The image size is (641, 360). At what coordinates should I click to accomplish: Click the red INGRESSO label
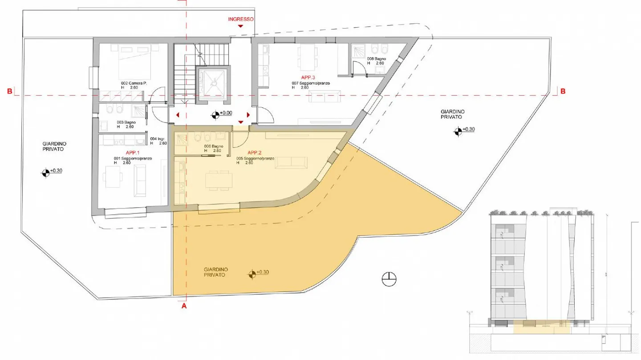241,19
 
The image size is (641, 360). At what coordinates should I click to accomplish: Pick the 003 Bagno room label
126,122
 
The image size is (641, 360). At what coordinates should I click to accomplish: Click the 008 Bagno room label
376,59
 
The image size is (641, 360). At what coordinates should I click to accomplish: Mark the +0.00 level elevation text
226,113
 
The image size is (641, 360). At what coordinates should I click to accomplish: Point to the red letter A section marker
184,307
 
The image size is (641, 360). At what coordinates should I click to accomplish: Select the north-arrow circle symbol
389,278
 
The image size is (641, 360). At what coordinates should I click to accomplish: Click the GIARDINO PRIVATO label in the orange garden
216,272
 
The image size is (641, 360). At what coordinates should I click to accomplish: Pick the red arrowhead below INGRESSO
241,27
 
